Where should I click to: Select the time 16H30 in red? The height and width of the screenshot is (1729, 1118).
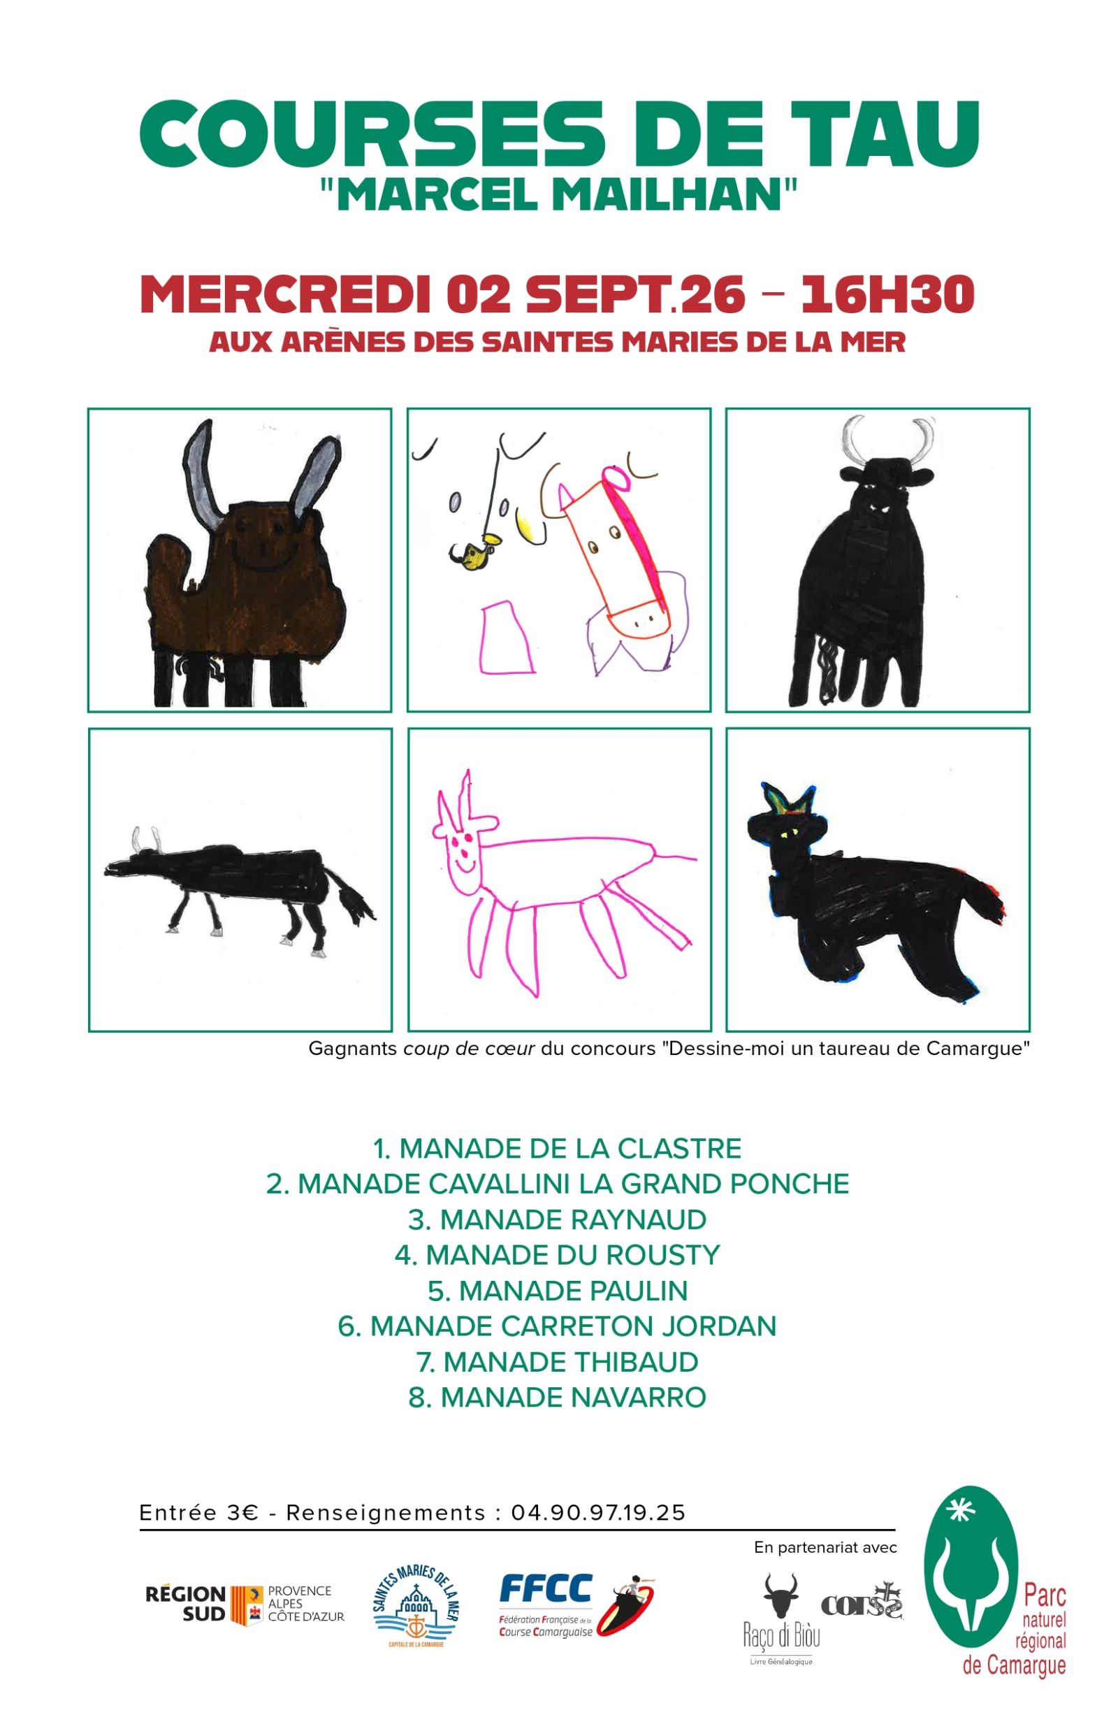(887, 294)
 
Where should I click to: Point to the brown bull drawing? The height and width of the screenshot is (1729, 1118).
(240, 566)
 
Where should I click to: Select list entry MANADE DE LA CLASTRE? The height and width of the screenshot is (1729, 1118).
(558, 1149)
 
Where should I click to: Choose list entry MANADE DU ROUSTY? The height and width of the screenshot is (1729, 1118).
(558, 1255)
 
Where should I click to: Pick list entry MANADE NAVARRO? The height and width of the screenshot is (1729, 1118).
(558, 1396)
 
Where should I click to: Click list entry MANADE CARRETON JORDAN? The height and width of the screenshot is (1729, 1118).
(558, 1326)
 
